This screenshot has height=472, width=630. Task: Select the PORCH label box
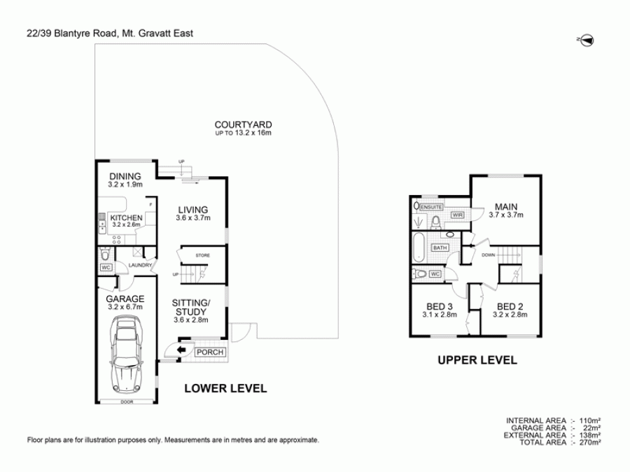click(x=210, y=352)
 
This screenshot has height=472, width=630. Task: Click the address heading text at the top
click(x=110, y=33)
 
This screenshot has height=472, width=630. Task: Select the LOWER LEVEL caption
click(x=225, y=389)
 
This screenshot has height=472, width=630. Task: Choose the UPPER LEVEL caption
click(x=477, y=361)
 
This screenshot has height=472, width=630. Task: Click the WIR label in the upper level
click(x=458, y=215)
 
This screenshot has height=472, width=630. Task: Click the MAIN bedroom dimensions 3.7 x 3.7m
click(x=505, y=216)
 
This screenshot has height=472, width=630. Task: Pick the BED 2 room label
click(x=510, y=306)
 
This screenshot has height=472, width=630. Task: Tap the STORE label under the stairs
click(x=202, y=256)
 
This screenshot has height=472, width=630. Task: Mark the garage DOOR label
click(x=126, y=402)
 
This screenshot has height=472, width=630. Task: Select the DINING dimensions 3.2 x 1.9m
click(x=125, y=185)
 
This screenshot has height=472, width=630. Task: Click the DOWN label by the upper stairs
click(x=488, y=255)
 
